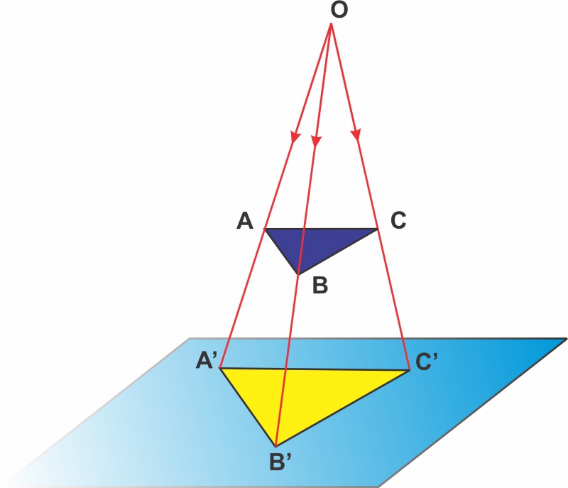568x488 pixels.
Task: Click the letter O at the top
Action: pyautogui.click(x=339, y=10)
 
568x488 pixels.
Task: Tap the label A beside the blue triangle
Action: pyautogui.click(x=245, y=221)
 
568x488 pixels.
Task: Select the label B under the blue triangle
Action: pyautogui.click(x=320, y=285)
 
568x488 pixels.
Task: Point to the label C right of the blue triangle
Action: pyautogui.click(x=398, y=220)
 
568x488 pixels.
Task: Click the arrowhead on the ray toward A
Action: pyautogui.click(x=295, y=136)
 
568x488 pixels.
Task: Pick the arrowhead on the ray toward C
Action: pyautogui.click(x=356, y=135)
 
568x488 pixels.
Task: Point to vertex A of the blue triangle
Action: pyautogui.click(x=265, y=229)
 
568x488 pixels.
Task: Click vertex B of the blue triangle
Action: pyautogui.click(x=297, y=275)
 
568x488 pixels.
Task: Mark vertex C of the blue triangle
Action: pyautogui.click(x=378, y=229)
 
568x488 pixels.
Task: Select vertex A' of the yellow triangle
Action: pyautogui.click(x=220, y=369)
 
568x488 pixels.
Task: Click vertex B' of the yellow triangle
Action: pyautogui.click(x=275, y=446)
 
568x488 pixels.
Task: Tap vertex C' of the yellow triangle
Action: pyautogui.click(x=410, y=370)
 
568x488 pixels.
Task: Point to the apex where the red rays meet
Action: pyautogui.click(x=331, y=23)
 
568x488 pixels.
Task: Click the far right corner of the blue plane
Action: pyautogui.click(x=567, y=338)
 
